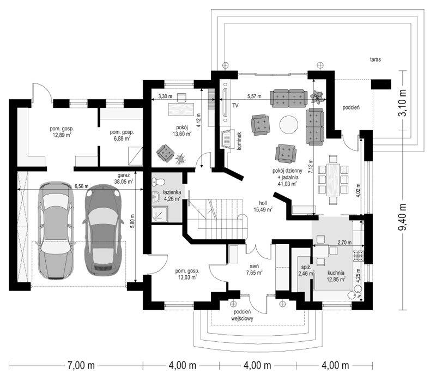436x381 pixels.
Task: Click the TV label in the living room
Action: click(235, 105)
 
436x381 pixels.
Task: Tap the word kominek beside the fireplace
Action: click(239, 141)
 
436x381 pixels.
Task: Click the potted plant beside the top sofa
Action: click(317, 97)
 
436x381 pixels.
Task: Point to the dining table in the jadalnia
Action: click(333, 180)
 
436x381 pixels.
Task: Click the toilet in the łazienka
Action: click(158, 182)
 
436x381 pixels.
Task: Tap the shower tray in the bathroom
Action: click(160, 214)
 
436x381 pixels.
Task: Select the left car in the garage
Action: click(56, 230)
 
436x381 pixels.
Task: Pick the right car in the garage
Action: click(103, 229)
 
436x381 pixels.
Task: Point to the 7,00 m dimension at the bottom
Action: click(81, 365)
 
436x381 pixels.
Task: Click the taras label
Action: click(376, 59)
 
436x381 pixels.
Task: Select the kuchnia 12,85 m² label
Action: click(336, 276)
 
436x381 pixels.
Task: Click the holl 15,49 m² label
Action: click(263, 207)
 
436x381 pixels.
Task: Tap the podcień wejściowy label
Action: click(242, 315)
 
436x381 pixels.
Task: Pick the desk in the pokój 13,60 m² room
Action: click(181, 110)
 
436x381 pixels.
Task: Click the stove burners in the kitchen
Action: click(358, 256)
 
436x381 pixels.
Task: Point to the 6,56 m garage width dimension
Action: click(81, 186)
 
